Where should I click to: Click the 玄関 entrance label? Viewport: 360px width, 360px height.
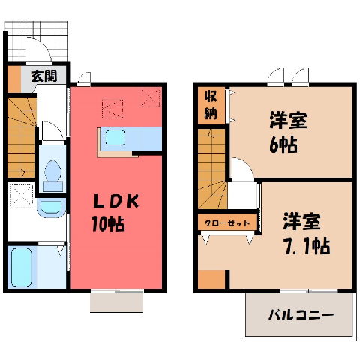point(44,76)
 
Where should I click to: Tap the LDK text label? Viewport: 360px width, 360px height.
point(116,202)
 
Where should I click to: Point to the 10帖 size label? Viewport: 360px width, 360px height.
point(108,223)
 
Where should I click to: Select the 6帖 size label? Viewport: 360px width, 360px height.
point(283,145)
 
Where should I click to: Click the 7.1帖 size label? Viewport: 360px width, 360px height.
point(307,246)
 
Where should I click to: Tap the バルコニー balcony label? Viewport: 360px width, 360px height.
point(301,314)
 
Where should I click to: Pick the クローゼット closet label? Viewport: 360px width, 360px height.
point(227,223)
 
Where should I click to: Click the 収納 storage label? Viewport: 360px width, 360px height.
point(211,105)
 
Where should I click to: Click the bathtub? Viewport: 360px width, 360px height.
point(22,267)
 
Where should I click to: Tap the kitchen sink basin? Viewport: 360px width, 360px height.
point(115,138)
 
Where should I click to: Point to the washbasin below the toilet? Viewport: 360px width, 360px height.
point(51,208)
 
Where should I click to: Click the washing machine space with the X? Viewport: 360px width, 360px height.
point(21,196)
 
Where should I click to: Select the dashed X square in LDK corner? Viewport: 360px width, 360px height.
point(151,97)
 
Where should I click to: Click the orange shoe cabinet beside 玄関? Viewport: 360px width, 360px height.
point(14,79)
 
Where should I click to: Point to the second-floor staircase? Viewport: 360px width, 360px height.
point(212,169)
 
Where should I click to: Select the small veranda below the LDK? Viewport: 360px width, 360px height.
point(117,302)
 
